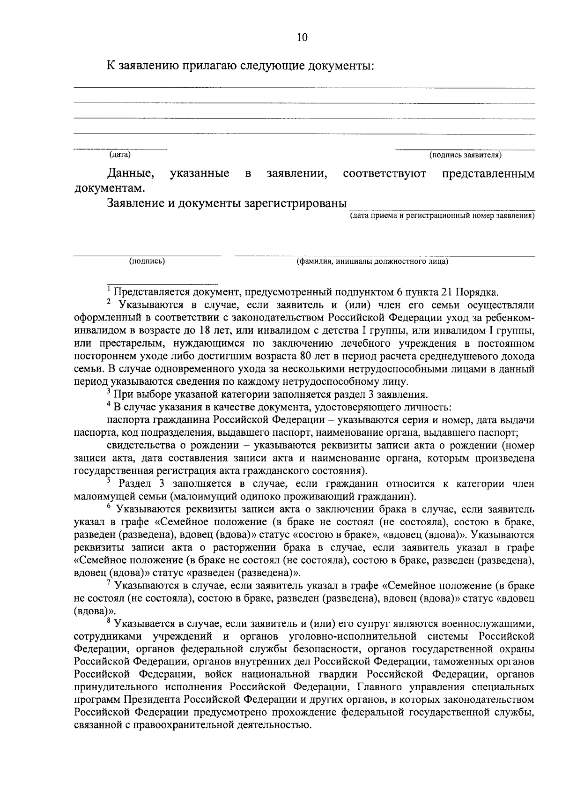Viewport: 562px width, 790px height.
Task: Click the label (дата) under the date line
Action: (x=120, y=154)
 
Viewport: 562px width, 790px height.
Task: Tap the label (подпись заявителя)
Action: (x=465, y=155)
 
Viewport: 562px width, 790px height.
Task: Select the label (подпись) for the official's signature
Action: (x=147, y=261)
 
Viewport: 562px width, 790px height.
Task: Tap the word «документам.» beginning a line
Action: (x=110, y=189)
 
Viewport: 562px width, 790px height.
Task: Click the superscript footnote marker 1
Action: (x=109, y=288)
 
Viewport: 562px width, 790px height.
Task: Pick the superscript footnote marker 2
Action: (x=109, y=301)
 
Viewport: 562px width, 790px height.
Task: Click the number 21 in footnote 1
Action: (x=447, y=292)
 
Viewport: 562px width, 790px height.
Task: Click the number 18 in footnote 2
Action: (x=202, y=331)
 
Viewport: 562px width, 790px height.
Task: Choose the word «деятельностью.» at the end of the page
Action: (x=274, y=725)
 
